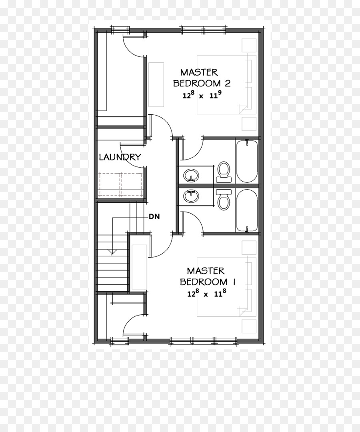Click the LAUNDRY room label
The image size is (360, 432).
120,157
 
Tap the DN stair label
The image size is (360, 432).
154,216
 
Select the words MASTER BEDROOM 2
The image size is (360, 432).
202,78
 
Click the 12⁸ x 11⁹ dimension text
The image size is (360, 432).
202,95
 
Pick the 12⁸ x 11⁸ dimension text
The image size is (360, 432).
206,294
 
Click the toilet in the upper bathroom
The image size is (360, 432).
223,172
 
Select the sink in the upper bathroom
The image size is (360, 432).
191,175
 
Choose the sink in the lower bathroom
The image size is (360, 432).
191,196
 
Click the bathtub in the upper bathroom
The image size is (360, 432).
247,162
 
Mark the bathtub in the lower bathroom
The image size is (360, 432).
247,210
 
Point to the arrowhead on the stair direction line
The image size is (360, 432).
112,252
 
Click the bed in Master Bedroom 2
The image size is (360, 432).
226,84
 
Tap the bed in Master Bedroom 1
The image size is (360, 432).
226,287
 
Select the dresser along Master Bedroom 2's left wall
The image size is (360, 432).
156,84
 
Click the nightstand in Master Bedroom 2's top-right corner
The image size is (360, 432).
249,45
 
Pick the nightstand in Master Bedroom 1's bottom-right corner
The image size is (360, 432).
249,326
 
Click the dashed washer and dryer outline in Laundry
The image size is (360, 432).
121,185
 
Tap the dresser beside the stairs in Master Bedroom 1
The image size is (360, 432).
139,267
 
